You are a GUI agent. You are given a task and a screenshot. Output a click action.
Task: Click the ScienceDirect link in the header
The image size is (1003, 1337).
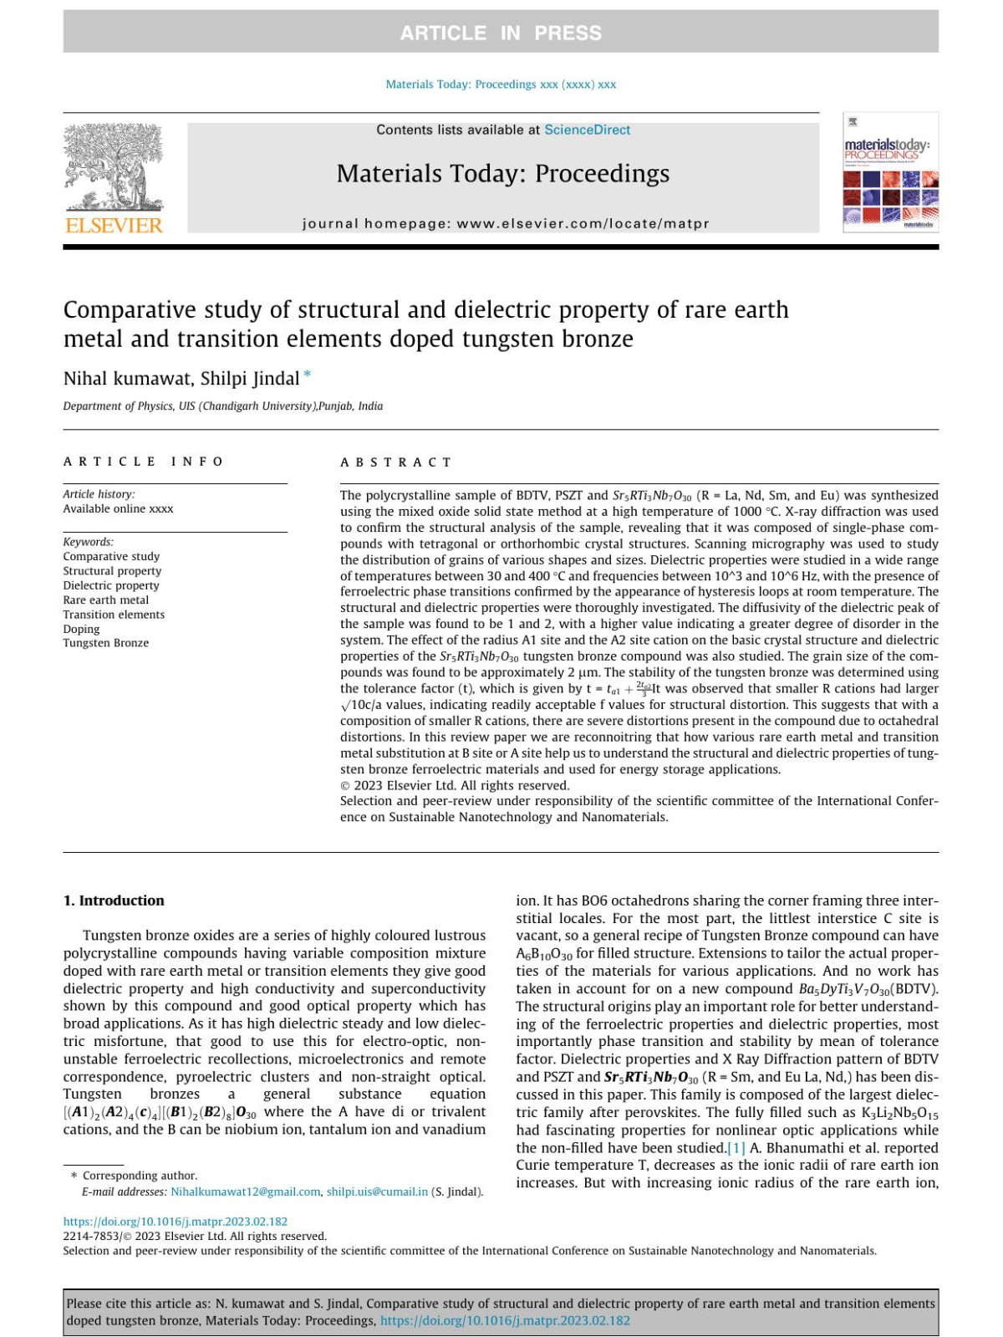click(587, 130)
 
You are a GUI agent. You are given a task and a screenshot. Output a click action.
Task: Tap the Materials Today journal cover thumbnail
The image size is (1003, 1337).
click(891, 172)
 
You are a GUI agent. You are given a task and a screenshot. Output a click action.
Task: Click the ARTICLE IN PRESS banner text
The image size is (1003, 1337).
click(501, 33)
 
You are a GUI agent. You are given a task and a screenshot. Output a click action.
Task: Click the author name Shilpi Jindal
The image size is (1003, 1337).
click(249, 379)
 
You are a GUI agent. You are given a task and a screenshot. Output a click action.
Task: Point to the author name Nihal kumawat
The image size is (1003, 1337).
click(126, 379)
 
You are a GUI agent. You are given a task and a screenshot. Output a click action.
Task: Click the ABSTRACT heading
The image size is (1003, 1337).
click(395, 462)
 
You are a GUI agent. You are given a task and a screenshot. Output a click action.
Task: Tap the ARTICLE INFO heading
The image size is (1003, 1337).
click(143, 462)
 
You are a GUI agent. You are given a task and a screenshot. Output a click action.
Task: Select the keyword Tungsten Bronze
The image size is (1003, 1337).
click(105, 643)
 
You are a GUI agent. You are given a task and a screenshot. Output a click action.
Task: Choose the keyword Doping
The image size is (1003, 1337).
click(81, 629)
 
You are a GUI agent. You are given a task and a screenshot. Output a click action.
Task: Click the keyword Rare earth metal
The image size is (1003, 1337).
click(105, 600)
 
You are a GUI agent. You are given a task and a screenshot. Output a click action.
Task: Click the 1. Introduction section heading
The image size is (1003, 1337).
click(114, 901)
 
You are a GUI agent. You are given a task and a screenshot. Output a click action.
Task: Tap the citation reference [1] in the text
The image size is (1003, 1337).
click(736, 1147)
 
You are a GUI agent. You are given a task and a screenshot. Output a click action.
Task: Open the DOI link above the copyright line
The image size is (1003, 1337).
click(176, 1221)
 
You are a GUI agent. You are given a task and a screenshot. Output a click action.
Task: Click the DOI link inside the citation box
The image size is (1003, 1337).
click(505, 1320)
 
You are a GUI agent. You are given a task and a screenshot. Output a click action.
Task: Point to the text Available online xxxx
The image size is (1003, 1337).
click(118, 508)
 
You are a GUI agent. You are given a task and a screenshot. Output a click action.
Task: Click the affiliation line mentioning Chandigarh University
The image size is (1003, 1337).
click(222, 406)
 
